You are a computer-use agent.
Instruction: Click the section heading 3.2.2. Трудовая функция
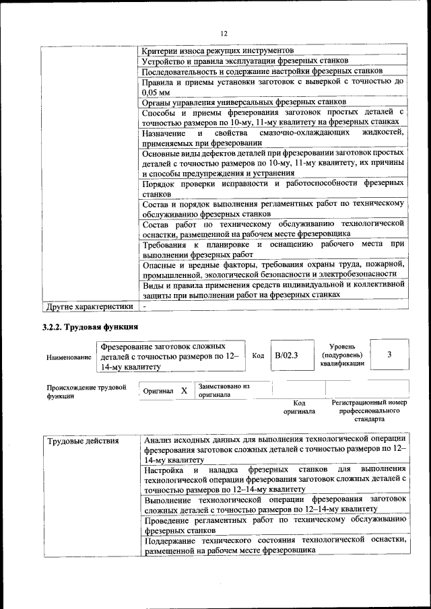click(x=90, y=328)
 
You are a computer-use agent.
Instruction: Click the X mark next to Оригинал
click(x=184, y=390)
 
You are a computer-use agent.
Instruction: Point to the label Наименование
click(x=69, y=357)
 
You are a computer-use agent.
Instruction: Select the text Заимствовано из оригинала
click(x=224, y=390)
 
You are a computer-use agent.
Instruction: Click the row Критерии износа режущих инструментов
click(x=218, y=50)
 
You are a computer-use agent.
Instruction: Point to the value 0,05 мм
click(x=156, y=92)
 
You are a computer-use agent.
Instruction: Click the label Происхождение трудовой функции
click(x=86, y=392)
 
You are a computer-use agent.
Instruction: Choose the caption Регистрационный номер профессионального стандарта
click(x=369, y=410)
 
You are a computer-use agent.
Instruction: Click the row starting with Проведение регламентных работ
click(x=274, y=524)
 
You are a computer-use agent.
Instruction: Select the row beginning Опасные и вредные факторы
click(x=274, y=270)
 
